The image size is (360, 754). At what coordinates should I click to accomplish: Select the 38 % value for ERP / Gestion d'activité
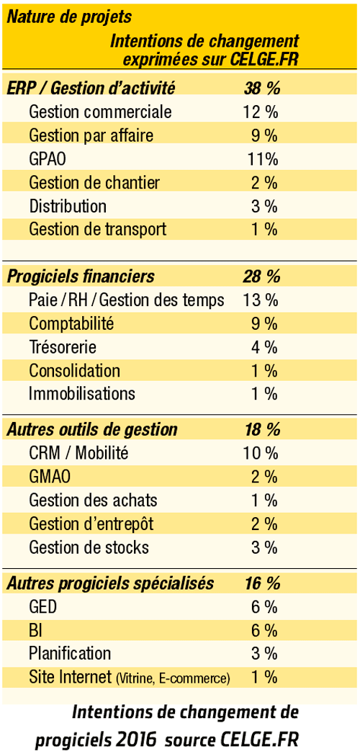click(x=262, y=88)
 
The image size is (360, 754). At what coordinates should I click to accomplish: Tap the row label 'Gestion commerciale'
click(x=101, y=112)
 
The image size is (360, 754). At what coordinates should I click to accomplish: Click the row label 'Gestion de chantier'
click(x=95, y=183)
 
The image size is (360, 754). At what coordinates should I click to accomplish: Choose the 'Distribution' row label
click(x=68, y=206)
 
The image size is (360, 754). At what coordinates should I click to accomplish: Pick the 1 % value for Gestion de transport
click(x=264, y=230)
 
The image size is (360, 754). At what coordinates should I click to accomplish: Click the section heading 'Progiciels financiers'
click(x=81, y=277)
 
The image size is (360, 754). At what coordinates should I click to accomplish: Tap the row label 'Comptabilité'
click(x=71, y=323)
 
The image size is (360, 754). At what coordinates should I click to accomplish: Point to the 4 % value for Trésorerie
click(x=264, y=346)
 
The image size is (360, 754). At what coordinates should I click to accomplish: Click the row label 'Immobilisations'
click(x=82, y=394)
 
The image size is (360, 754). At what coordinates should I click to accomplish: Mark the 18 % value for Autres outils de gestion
click(x=262, y=429)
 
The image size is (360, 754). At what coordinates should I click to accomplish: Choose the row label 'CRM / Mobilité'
click(x=79, y=453)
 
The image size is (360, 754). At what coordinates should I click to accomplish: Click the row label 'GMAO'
click(x=50, y=477)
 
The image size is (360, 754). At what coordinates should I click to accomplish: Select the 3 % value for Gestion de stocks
click(x=264, y=547)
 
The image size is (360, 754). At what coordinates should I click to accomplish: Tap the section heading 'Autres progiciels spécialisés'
click(x=110, y=583)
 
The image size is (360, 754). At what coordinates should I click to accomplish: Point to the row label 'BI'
click(x=35, y=630)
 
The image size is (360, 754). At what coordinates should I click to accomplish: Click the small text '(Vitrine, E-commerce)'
click(x=173, y=678)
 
